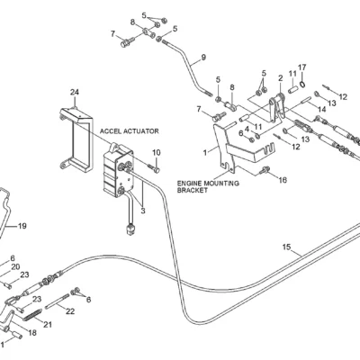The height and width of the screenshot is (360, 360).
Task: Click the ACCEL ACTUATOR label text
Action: tap(129, 131)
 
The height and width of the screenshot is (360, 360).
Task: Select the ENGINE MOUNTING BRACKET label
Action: tap(208, 186)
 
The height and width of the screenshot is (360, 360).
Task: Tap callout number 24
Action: tap(75, 92)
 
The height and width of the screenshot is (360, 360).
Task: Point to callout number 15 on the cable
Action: tap(286, 247)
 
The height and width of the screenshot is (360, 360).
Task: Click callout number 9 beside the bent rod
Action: tap(203, 57)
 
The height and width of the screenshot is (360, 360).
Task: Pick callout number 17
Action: tap(301, 67)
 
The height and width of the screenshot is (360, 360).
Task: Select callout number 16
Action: tap(283, 180)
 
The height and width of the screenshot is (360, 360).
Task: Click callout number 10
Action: tap(157, 153)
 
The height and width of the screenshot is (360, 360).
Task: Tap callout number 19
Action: tap(22, 226)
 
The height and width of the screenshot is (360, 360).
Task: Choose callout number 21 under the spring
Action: tap(48, 324)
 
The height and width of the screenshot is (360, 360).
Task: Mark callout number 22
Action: tap(70, 311)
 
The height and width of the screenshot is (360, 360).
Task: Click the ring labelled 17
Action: tap(302, 85)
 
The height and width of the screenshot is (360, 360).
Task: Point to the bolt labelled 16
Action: tap(264, 170)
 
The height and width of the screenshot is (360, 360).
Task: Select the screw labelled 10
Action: tap(154, 168)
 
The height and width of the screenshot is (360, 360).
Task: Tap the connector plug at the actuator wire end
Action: tap(130, 230)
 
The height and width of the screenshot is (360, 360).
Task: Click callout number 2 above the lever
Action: tap(281, 78)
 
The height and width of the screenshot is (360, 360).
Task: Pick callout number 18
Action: tap(32, 333)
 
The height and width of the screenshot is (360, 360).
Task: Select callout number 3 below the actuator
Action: tap(143, 211)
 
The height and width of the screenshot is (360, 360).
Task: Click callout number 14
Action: tap(321, 110)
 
